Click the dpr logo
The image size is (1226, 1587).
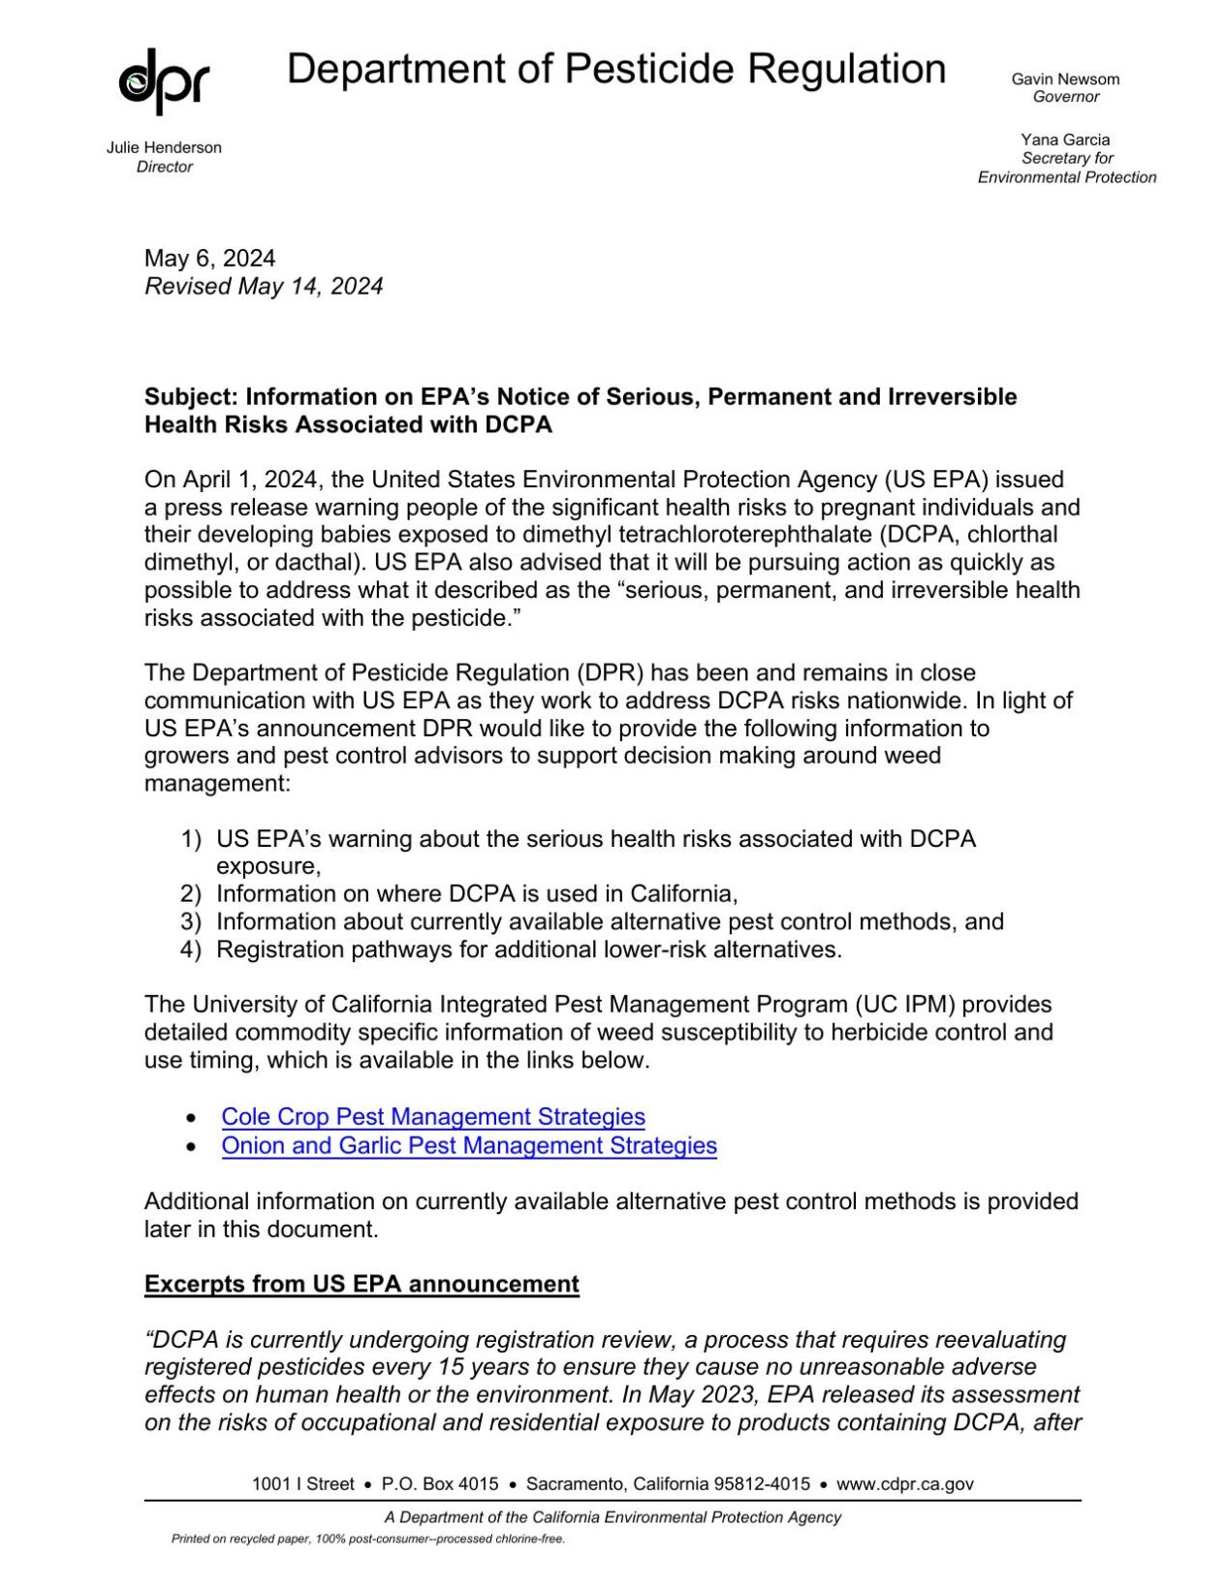[164, 81]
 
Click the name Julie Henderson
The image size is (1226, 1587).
[164, 147]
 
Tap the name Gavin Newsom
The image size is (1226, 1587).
[1065, 79]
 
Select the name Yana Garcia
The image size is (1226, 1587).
[1065, 140]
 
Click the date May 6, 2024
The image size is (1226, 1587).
[209, 258]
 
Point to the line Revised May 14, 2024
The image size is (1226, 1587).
[264, 286]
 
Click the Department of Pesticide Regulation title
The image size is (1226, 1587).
[616, 70]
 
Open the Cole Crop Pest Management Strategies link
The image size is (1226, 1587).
[433, 1116]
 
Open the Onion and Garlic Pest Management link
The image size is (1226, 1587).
[469, 1145]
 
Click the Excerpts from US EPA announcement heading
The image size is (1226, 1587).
[362, 1284]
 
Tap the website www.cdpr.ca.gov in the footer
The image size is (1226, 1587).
[904, 1483]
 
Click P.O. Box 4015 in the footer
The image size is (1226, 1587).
[440, 1483]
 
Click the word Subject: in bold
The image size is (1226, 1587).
[191, 397]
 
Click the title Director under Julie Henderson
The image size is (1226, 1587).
[164, 167]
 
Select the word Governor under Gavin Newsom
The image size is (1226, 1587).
[1065, 97]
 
